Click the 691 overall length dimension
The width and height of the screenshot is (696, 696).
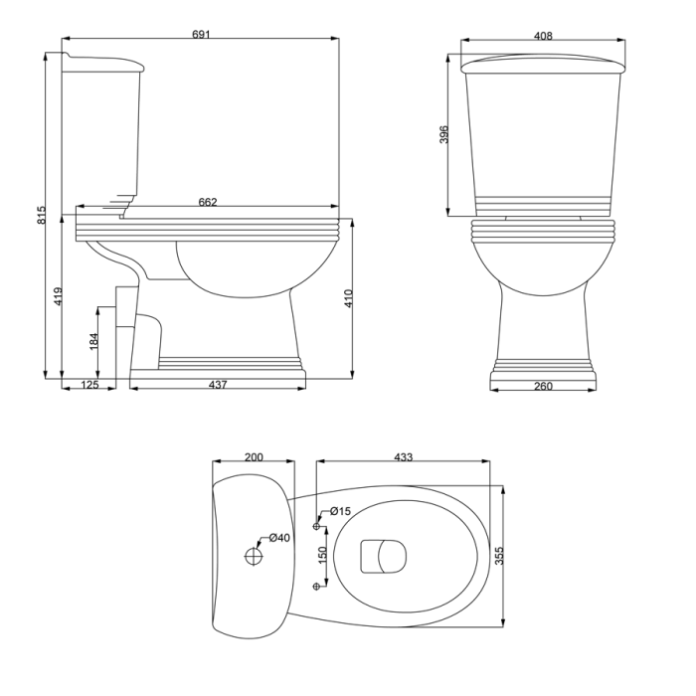(201, 35)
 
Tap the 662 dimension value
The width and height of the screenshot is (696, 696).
(208, 202)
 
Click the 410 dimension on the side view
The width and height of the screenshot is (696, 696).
(348, 298)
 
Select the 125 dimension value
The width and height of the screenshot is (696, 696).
(88, 385)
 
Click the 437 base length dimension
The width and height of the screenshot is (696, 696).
(218, 385)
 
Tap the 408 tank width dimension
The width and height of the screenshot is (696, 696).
(543, 36)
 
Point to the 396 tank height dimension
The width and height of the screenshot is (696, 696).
(444, 135)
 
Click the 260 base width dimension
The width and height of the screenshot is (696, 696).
(543, 386)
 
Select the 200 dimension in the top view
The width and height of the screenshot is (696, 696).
(254, 457)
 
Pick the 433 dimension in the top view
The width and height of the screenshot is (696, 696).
(403, 457)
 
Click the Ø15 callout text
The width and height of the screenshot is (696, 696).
(340, 511)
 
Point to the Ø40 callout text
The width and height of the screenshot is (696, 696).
(279, 538)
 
